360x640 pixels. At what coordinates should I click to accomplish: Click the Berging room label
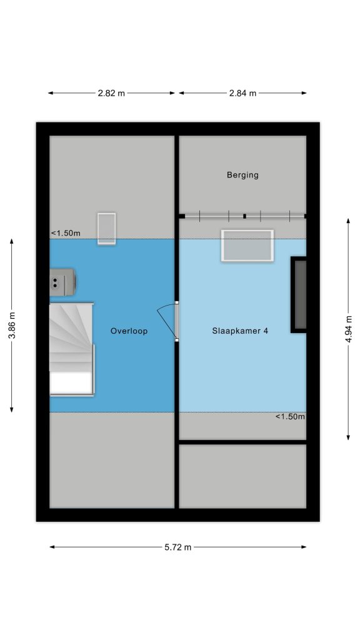(x=242, y=175)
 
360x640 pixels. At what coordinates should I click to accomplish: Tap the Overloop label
(x=129, y=331)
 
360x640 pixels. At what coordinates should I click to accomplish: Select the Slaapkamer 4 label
(x=240, y=331)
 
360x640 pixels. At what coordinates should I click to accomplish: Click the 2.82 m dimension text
(x=111, y=93)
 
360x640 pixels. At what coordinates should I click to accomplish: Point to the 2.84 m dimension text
(x=243, y=93)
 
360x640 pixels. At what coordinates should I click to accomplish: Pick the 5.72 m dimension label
(x=178, y=547)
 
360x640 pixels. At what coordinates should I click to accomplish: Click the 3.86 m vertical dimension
(x=12, y=325)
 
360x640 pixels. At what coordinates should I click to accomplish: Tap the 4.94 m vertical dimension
(x=349, y=329)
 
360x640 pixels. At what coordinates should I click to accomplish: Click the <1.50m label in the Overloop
(x=66, y=234)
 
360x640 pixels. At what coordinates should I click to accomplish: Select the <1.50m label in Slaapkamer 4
(x=290, y=417)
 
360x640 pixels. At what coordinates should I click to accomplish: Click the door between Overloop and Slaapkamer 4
(x=177, y=321)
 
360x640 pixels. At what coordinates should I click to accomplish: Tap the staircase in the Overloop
(x=72, y=349)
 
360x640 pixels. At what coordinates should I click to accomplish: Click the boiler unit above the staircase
(x=62, y=282)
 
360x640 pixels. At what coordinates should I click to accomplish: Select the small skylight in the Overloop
(x=106, y=229)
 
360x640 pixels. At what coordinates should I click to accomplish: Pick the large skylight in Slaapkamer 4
(x=247, y=245)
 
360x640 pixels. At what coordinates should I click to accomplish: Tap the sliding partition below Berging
(x=243, y=216)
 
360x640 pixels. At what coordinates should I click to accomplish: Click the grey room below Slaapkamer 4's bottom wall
(x=243, y=476)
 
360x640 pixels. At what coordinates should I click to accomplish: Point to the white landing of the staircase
(x=71, y=383)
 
